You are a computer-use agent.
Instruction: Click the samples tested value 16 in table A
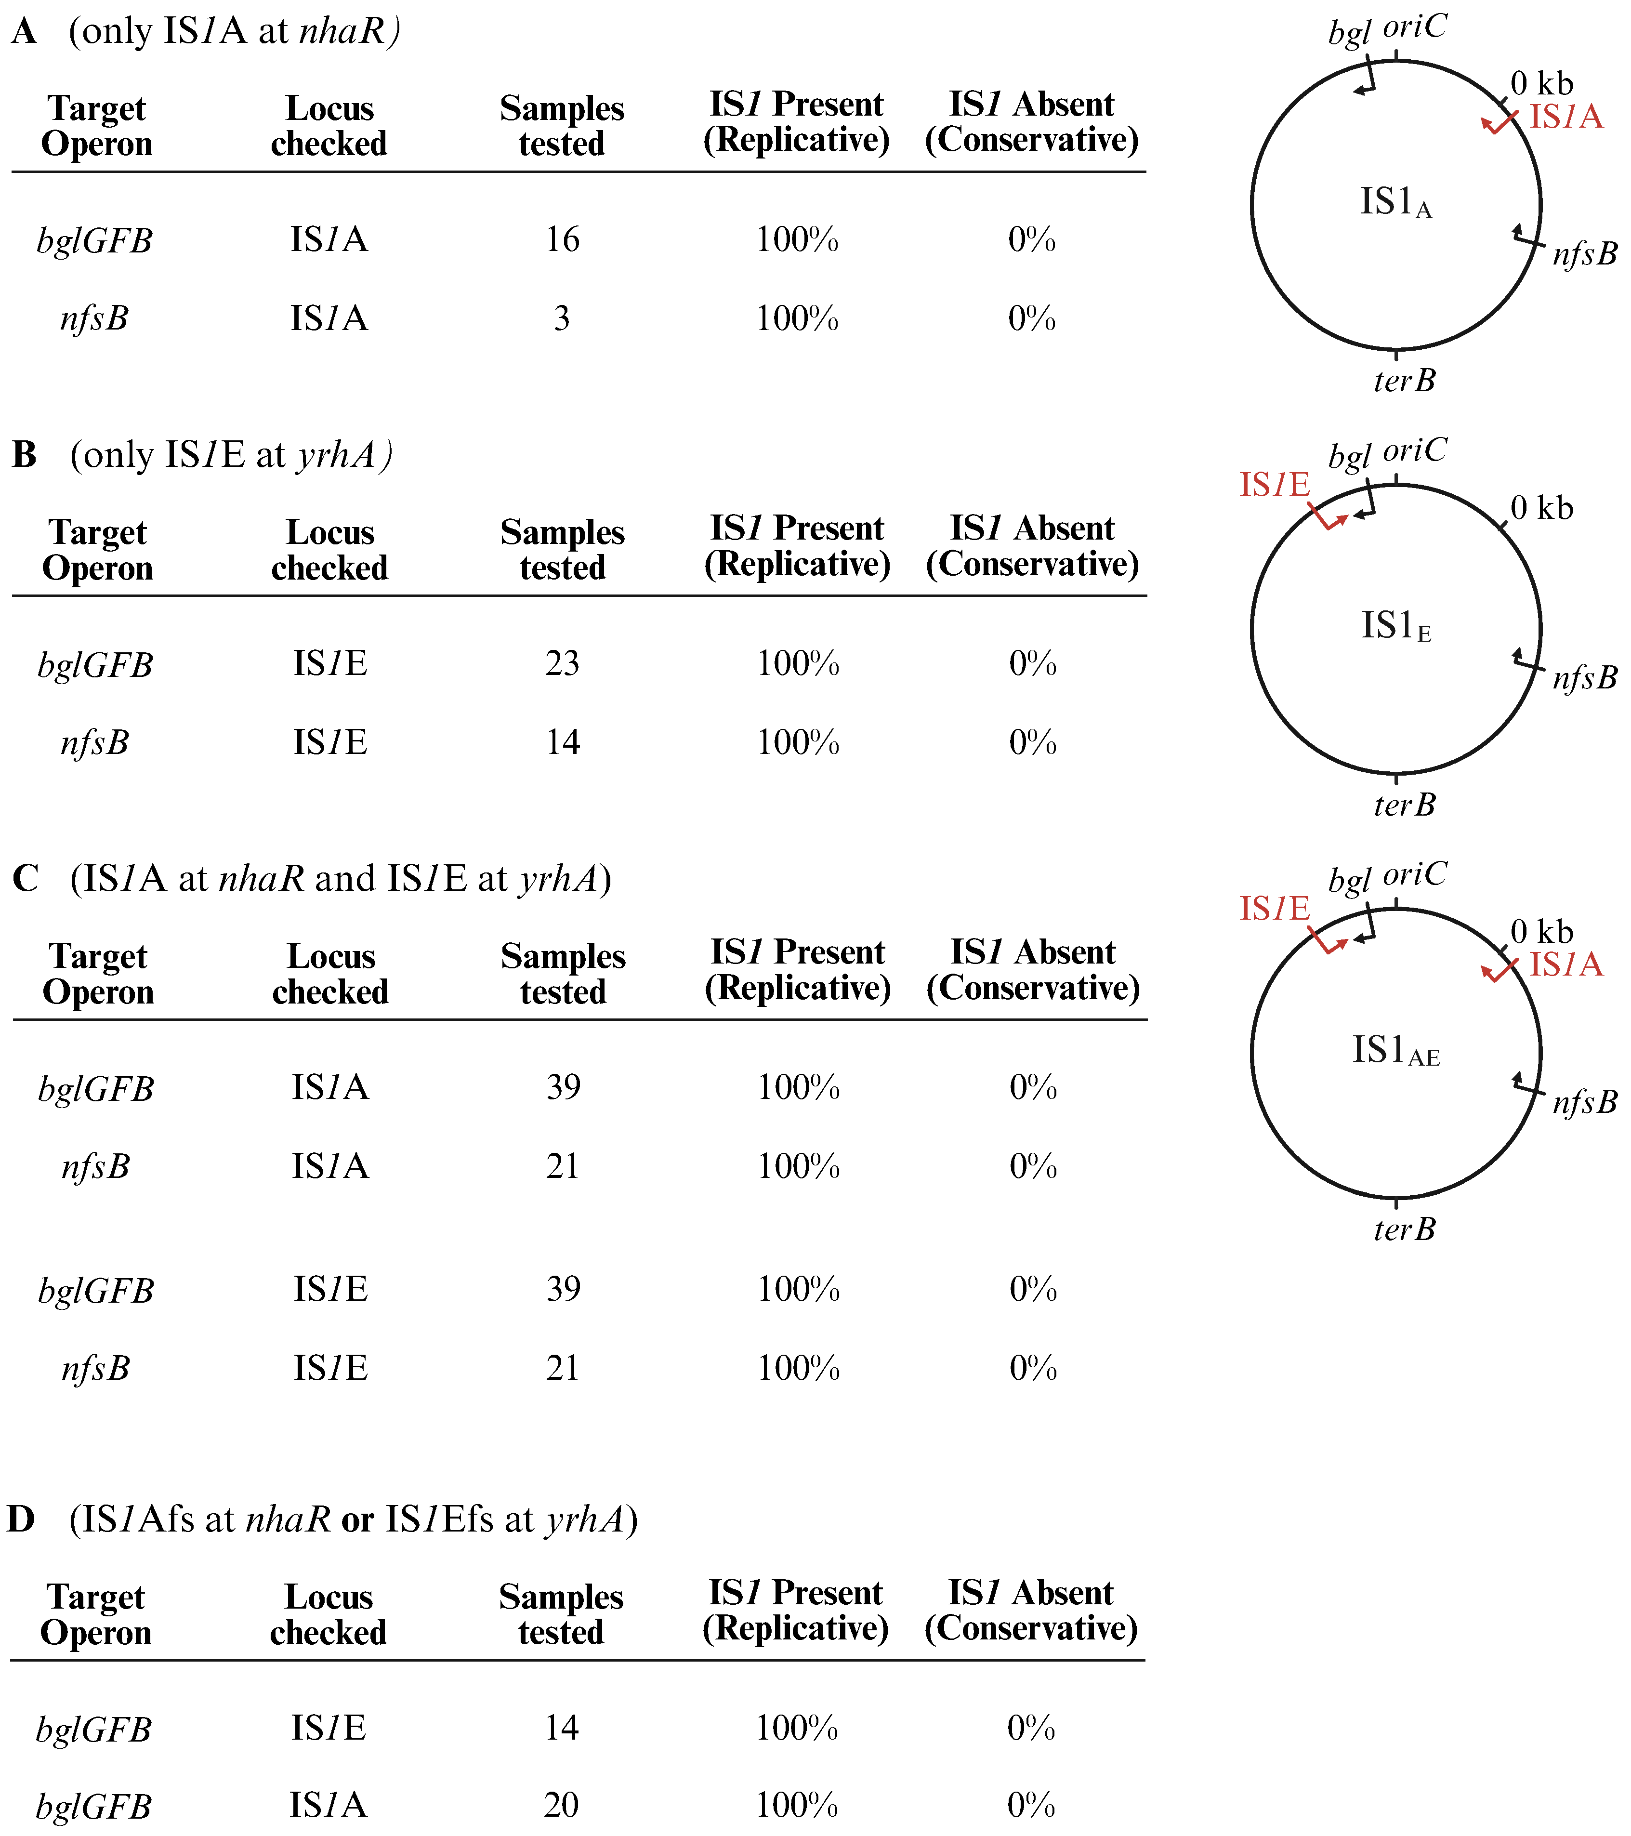[x=562, y=240]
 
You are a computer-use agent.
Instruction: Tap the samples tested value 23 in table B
[x=562, y=664]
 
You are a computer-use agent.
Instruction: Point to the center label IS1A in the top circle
[x=1395, y=203]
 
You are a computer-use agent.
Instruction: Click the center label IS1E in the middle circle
[x=1395, y=627]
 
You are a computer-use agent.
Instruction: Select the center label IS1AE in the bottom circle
[x=1395, y=1051]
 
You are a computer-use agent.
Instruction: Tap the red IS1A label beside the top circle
[x=1565, y=117]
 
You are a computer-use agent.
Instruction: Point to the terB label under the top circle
[x=1404, y=381]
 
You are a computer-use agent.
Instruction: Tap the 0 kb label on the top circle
[x=1542, y=83]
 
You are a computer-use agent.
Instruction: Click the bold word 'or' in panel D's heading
[x=357, y=1520]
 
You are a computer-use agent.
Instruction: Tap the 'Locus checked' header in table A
[x=329, y=126]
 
